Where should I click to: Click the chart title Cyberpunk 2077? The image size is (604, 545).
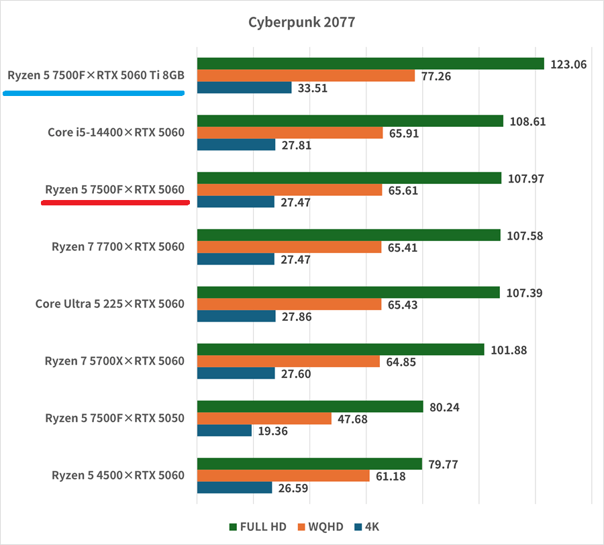pos(301,22)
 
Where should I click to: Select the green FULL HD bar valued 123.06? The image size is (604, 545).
pos(370,63)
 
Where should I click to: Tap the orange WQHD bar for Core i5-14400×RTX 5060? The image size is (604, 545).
pos(289,133)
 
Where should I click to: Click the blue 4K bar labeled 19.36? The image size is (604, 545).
pos(224,431)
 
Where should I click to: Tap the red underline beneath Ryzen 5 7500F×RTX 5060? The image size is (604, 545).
pos(115,203)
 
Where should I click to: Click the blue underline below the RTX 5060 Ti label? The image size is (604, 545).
pos(93,94)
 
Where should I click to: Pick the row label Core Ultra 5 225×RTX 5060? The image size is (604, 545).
pos(109,304)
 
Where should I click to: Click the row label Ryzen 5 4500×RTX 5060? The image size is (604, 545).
pos(117,476)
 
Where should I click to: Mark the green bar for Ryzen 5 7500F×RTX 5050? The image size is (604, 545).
pos(310,407)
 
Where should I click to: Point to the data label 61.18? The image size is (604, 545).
pos(391,476)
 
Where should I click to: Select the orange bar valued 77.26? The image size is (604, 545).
pos(306,75)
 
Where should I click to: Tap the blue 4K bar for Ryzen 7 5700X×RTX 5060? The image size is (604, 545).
pos(236,373)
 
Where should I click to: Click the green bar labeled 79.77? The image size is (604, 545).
pos(309,464)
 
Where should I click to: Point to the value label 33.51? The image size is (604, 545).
pos(312,88)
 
